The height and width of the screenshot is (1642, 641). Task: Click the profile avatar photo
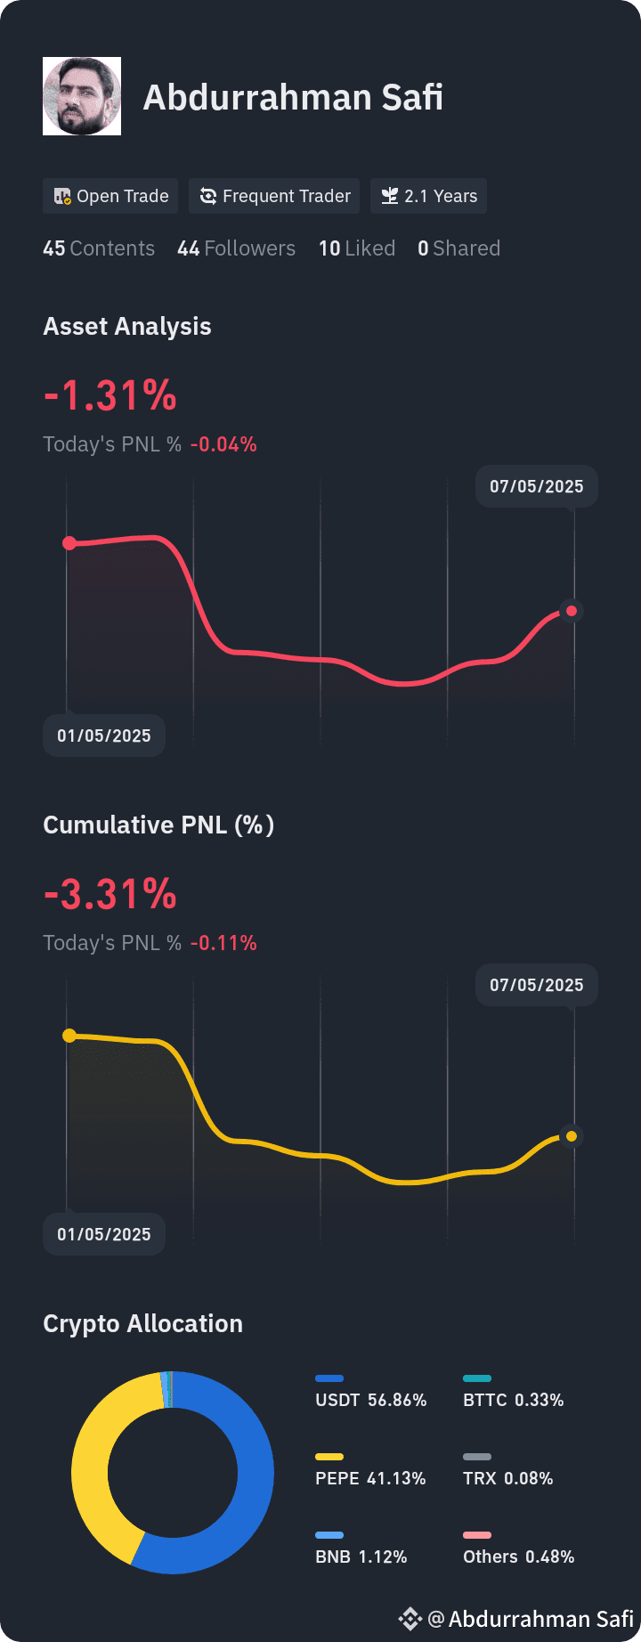coord(82,96)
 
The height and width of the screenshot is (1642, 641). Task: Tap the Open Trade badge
coord(110,196)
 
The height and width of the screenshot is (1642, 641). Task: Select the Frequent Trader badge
coord(274,196)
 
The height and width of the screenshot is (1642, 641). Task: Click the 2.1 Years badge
coord(428,196)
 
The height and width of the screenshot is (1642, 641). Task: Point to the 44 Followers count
coord(236,248)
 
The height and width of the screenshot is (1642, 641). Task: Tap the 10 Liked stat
coord(357,248)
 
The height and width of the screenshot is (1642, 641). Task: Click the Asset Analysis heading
coord(127,327)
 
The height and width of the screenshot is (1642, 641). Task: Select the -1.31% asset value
coord(110,395)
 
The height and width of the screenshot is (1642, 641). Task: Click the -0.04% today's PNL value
coord(223,444)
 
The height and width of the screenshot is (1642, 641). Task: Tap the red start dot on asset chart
coord(69,543)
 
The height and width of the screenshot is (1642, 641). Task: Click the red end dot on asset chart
coord(572,611)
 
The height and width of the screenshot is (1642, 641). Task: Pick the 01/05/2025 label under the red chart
coord(104,736)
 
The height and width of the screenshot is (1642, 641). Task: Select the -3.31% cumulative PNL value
coord(110,894)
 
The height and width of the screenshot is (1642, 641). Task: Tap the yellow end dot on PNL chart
coord(572,1136)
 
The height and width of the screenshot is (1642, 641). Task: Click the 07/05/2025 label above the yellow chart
coord(537,985)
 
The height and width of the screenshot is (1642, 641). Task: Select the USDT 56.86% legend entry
coord(370,1400)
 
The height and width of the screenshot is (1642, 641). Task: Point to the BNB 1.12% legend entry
coord(361,1557)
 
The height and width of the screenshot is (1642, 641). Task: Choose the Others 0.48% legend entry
coord(518,1557)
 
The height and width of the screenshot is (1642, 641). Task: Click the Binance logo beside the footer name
coord(410,1619)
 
